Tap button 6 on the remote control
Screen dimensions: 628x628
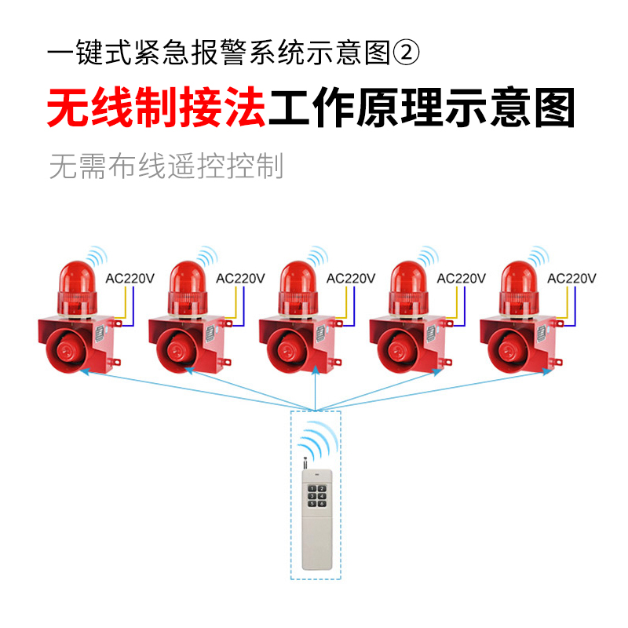(322, 505)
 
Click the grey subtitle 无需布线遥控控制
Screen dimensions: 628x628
(166, 166)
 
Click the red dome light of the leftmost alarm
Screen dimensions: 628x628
(76, 276)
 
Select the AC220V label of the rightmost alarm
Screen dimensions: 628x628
(572, 279)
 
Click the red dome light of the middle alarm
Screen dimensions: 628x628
(298, 276)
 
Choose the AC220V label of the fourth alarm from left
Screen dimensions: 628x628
(462, 279)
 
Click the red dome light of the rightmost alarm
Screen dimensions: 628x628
(519, 276)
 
